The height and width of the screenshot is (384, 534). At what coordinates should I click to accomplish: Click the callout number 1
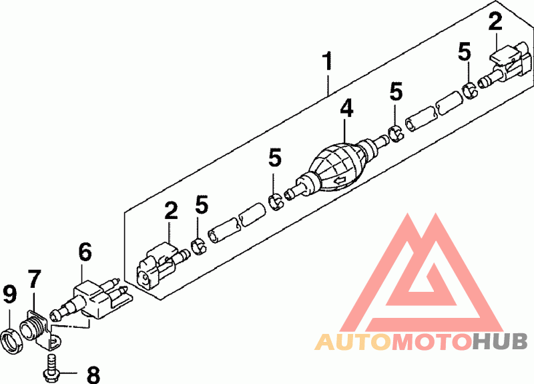coord(328,61)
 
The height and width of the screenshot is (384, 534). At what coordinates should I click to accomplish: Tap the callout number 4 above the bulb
coord(346,108)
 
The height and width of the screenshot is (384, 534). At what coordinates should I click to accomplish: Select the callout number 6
coord(85,252)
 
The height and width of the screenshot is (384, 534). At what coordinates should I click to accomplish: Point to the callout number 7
coord(35,279)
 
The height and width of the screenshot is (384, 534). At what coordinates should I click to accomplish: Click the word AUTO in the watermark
coord(352,342)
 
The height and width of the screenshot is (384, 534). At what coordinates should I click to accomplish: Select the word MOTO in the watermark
coord(431,342)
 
